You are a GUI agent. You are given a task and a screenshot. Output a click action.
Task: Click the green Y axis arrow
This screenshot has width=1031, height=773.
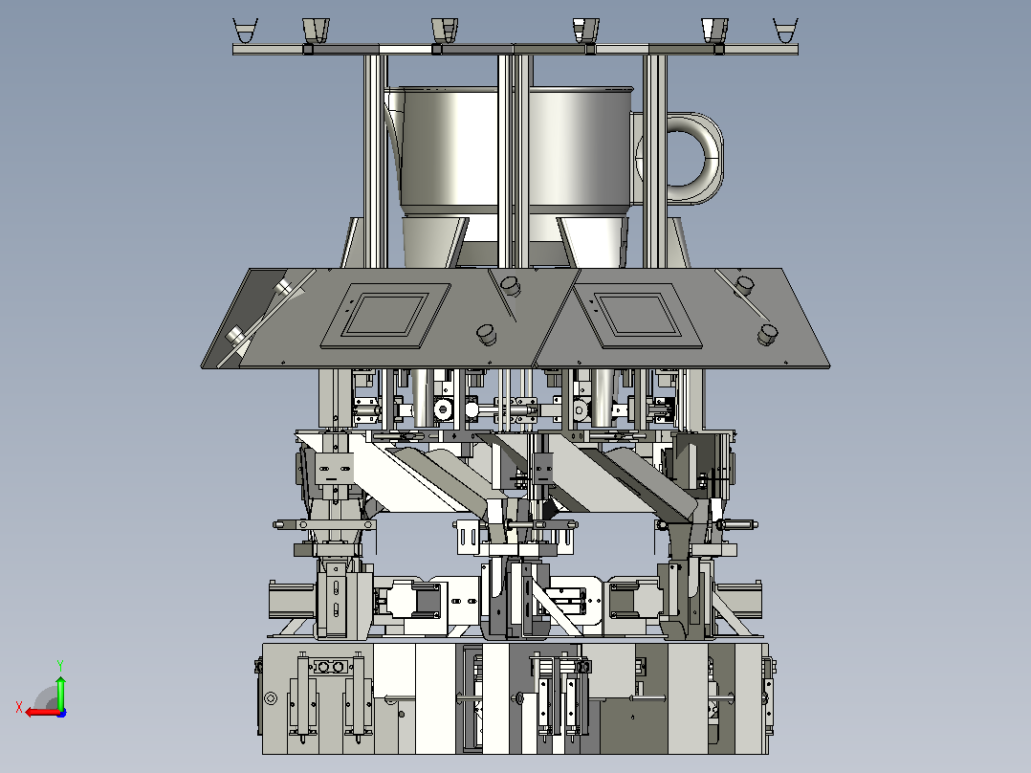60,692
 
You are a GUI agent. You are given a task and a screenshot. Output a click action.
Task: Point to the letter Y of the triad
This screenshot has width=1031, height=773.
60,665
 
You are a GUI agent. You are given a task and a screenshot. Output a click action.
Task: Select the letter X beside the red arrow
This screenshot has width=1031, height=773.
19,707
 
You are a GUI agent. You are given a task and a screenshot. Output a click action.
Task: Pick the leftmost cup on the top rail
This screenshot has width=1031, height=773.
245,31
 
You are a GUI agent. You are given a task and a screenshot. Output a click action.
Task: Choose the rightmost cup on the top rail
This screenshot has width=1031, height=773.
785,31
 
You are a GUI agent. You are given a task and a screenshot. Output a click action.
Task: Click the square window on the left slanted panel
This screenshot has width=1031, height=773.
386,315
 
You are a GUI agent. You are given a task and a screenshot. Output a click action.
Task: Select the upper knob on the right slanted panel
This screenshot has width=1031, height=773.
745,285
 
